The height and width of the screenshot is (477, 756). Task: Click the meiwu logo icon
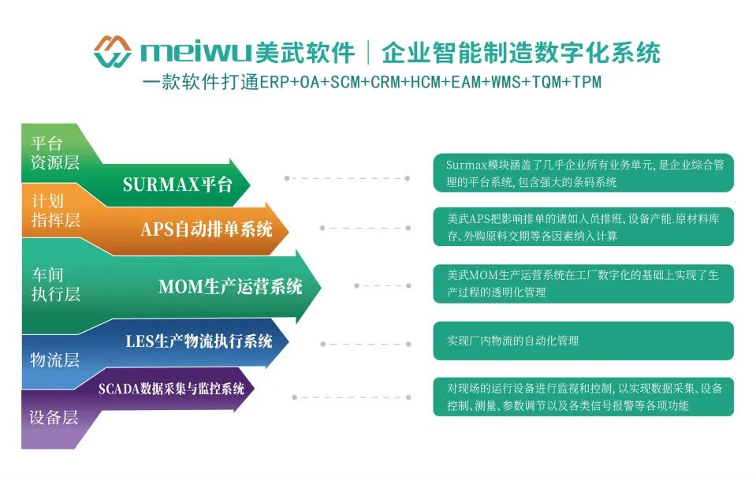tap(112, 51)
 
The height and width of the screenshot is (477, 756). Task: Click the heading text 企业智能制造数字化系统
tap(520, 53)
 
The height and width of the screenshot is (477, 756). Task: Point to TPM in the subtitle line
tap(587, 82)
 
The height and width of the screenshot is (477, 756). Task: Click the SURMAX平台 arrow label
tap(177, 184)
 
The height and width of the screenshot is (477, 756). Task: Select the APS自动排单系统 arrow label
tap(207, 229)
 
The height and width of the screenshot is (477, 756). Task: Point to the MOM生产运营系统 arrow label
tap(230, 286)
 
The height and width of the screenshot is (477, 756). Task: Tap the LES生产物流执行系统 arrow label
tap(199, 341)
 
